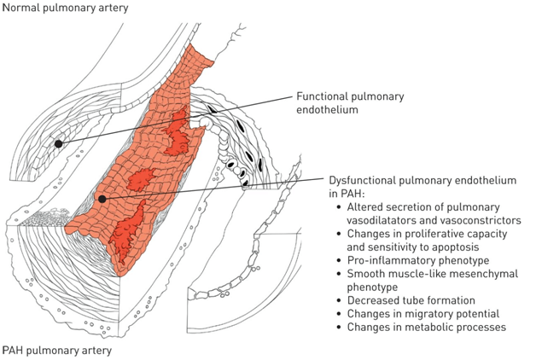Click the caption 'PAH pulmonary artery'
click(x=56, y=350)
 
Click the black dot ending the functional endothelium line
click(x=59, y=144)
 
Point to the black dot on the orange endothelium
click(x=102, y=199)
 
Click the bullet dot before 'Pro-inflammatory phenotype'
click(x=340, y=258)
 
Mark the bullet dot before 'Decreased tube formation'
click(x=340, y=299)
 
